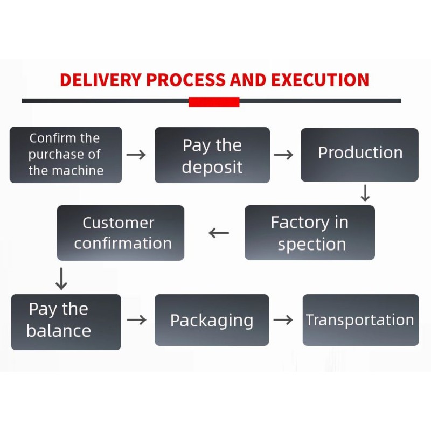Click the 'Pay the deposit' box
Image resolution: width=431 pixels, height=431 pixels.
pos(212,155)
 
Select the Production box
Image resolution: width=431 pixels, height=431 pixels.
pos(359,155)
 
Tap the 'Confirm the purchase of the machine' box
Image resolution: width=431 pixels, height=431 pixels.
pos(66,155)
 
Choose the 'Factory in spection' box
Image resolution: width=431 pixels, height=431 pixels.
pos(309,233)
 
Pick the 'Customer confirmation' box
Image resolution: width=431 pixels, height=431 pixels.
pos(121,233)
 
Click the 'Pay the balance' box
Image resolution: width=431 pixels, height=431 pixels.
pos(66,322)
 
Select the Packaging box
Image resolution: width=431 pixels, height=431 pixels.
pos(212,320)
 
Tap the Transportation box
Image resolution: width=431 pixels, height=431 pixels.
pos(360,320)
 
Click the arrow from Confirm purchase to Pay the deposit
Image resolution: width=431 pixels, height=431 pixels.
pos(136,155)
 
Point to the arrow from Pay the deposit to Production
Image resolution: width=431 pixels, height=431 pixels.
pos(283,155)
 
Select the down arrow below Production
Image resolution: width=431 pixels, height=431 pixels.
pos(365,193)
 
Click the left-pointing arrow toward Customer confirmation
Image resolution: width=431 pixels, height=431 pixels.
pos(219,233)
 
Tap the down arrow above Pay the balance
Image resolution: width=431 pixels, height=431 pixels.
pos(62,279)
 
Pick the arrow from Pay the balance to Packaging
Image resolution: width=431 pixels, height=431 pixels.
pos(137,320)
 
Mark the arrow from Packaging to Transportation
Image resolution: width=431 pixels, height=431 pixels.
pos(283,320)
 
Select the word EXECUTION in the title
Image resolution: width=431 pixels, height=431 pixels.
pos(320,80)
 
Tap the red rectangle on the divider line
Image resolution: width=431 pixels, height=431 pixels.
pos(214,102)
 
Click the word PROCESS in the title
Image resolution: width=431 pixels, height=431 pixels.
pos(186,80)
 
